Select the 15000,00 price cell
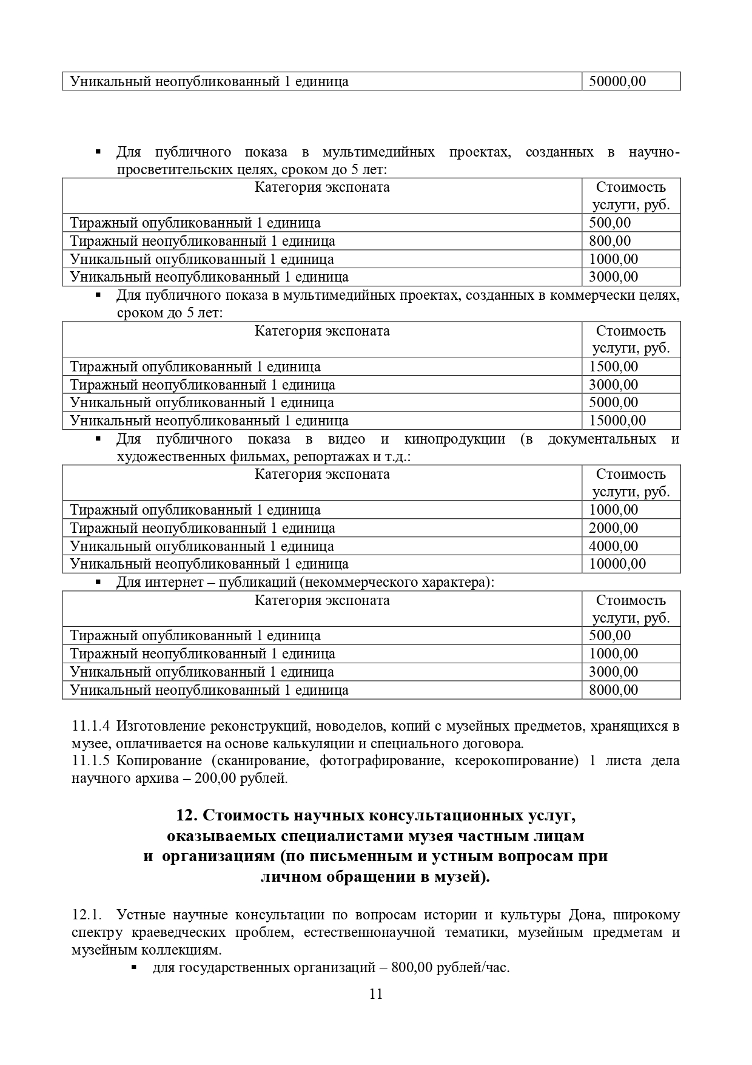[617, 421]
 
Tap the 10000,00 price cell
[617, 564]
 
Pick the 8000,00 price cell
[613, 690]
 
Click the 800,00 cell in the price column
[609, 241]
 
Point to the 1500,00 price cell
[613, 367]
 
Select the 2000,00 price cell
[613, 528]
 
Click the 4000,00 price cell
[613, 546]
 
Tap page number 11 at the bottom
[375, 994]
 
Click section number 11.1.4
[91, 726]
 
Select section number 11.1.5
[91, 761]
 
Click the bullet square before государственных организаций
[133, 967]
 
